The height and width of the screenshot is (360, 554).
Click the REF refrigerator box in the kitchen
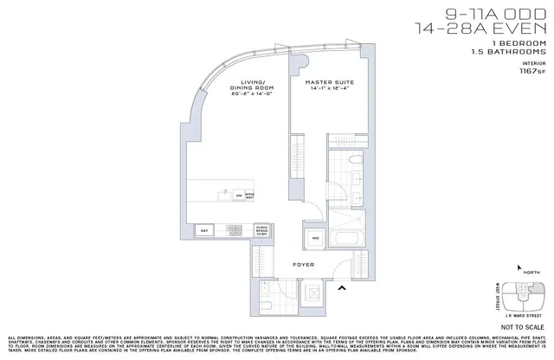coord(206,231)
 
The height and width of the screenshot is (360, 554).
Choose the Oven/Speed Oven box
coord(262,230)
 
